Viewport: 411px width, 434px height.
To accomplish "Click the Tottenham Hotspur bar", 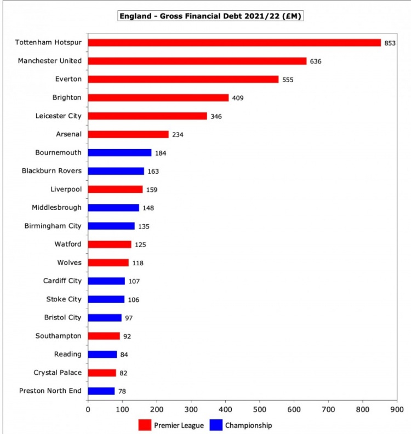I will click(x=234, y=43).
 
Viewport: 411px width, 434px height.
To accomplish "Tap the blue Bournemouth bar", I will click(x=119, y=152).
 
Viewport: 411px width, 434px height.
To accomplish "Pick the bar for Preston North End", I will click(x=101, y=391).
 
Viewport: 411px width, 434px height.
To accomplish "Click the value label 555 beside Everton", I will click(x=288, y=79).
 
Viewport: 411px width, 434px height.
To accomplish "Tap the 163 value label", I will click(x=153, y=171).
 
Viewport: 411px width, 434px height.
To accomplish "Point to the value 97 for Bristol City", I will click(x=129, y=318).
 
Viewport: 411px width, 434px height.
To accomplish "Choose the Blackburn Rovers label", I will click(x=52, y=171).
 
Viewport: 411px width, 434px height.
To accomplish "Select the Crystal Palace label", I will click(x=58, y=373).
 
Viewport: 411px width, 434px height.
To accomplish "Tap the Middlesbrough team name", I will click(x=57, y=208).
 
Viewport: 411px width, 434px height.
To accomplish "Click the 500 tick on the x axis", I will click(x=260, y=409).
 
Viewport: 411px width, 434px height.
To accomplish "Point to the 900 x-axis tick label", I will click(x=397, y=409).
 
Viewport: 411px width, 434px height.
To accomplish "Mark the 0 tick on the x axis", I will click(x=88, y=409).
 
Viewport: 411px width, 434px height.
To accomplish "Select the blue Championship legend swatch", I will click(x=216, y=425).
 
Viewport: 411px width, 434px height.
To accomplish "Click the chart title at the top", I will click(x=211, y=16).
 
